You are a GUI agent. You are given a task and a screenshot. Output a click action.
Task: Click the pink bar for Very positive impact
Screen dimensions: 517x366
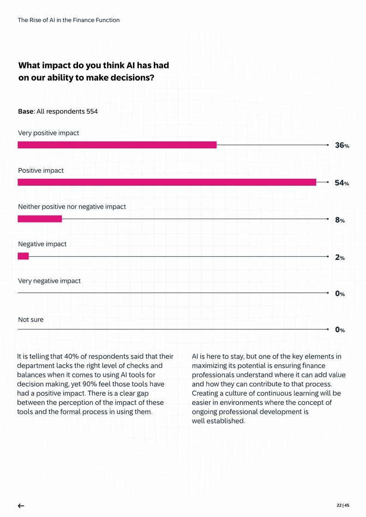(x=117, y=145)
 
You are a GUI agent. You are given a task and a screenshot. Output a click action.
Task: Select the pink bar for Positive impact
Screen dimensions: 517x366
(x=167, y=182)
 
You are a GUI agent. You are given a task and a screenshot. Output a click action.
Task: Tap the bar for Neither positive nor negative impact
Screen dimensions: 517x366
(x=40, y=219)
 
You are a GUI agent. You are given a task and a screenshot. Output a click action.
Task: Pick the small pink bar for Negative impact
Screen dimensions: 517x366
(x=23, y=256)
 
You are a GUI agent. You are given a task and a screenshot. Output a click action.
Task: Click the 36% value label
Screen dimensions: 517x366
(x=342, y=146)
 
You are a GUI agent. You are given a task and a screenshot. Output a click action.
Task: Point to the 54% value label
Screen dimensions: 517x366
(x=342, y=183)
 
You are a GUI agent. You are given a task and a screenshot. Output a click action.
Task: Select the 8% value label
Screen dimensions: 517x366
(x=340, y=220)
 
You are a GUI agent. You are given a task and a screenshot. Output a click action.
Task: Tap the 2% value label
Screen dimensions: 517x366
(x=340, y=258)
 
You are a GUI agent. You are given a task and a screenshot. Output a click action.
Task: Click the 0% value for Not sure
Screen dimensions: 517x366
(x=340, y=330)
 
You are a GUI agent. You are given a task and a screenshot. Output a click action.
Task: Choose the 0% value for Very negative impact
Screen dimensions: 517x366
(x=340, y=294)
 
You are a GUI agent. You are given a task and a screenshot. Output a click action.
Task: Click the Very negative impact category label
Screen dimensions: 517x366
(x=49, y=281)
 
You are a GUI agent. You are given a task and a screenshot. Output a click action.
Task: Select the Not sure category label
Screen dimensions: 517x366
(x=30, y=319)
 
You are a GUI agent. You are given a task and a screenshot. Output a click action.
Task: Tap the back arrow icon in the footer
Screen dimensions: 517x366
(x=21, y=505)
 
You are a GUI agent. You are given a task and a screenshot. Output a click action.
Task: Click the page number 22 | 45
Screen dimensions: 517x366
(x=343, y=505)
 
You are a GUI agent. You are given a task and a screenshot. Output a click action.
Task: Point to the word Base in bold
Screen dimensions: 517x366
(x=26, y=112)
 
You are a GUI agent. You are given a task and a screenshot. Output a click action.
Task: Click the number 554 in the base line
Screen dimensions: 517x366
(x=92, y=112)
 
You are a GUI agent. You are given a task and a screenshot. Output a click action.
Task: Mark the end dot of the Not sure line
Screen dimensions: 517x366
(x=327, y=329)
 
